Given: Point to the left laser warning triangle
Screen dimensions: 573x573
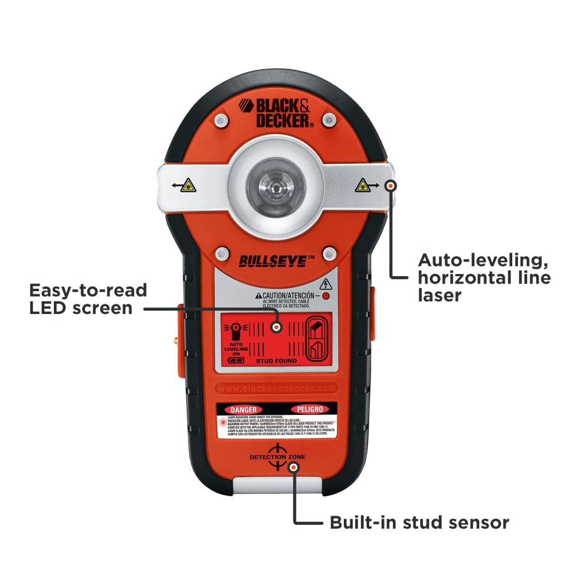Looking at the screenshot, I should point(189,186).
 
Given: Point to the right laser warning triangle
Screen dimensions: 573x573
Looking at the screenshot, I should point(362,185).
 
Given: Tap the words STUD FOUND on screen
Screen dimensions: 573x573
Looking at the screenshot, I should point(276,361).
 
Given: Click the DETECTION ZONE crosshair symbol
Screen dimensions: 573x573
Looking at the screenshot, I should point(276,457).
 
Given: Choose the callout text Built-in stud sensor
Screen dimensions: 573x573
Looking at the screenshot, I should point(419,523).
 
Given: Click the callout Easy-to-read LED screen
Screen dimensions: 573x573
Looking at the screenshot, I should point(88,299).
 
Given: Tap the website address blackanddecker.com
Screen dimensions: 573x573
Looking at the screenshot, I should point(276,388).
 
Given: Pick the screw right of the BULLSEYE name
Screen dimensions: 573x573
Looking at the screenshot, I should point(329,253).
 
